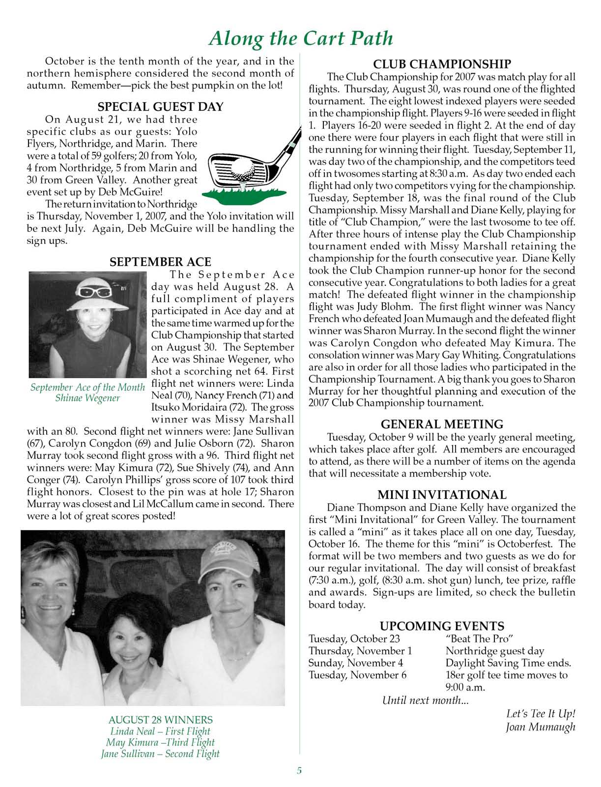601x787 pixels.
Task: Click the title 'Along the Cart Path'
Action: pyautogui.click(x=301, y=38)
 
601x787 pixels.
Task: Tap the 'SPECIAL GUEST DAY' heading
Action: pyautogui.click(x=160, y=107)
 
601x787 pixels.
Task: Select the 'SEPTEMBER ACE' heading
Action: pyautogui.click(x=160, y=262)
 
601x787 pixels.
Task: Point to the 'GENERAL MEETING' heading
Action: pyautogui.click(x=442, y=424)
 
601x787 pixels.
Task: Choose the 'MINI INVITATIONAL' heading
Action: pyautogui.click(x=442, y=495)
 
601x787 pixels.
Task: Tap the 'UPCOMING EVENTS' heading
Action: pyautogui.click(x=442, y=626)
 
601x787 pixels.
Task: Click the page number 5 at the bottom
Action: pyautogui.click(x=299, y=771)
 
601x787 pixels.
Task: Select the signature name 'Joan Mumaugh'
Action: pyautogui.click(x=541, y=727)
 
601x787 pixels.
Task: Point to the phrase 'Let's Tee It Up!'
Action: pyautogui.click(x=541, y=714)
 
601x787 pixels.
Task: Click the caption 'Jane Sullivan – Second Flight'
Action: pyautogui.click(x=160, y=754)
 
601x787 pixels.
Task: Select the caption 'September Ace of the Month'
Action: pyautogui.click(x=87, y=388)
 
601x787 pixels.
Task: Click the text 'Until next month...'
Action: pyautogui.click(x=425, y=700)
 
